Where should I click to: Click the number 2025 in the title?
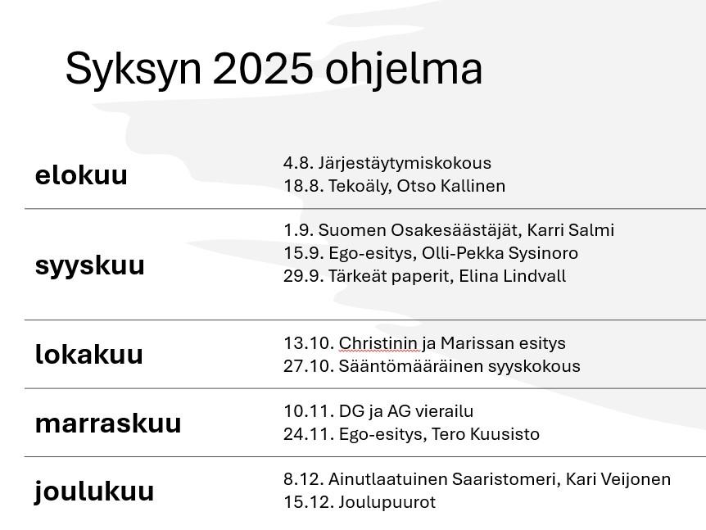tap(263, 68)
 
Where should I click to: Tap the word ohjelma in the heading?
tap(404, 69)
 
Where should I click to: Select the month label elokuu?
tap(81, 174)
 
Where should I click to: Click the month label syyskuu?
tap(89, 266)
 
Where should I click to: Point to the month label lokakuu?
tap(88, 354)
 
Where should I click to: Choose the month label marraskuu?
tap(108, 424)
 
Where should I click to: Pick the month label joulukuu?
tap(94, 491)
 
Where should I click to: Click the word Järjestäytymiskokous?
tap(405, 164)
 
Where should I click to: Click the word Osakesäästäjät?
tap(456, 230)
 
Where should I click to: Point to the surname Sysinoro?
tap(544, 253)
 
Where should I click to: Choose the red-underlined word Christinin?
tap(378, 343)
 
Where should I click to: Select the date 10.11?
tap(309, 411)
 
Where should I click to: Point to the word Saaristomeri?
tap(506, 479)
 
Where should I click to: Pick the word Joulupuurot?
tap(387, 502)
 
